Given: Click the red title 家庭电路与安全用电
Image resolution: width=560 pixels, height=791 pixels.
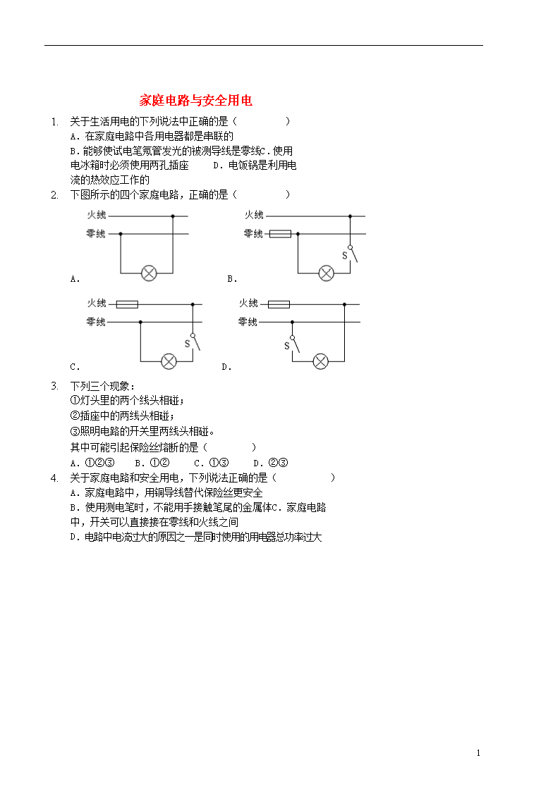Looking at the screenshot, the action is click(x=196, y=101).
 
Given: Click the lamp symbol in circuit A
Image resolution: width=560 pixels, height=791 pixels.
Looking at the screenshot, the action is click(x=149, y=273).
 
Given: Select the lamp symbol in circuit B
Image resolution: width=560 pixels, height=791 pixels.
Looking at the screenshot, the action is click(x=327, y=273).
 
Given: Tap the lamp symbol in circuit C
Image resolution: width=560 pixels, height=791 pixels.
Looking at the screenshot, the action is click(x=169, y=361).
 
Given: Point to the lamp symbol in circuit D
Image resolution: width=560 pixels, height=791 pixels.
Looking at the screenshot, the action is click(x=321, y=361).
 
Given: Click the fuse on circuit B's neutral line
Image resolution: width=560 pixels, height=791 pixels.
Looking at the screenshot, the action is click(x=280, y=234).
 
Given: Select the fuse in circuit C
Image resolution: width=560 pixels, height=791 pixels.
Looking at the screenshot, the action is click(x=127, y=304).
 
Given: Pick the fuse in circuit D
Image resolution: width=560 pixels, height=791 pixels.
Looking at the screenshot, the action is click(x=279, y=304).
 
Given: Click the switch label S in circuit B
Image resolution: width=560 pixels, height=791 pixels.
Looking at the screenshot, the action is click(x=345, y=256).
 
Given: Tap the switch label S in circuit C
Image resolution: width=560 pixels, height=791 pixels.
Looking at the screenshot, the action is click(x=188, y=344).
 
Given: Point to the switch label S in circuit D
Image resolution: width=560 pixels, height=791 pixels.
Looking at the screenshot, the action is click(x=287, y=346).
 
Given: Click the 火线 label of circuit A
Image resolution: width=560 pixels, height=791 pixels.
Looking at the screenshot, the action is click(x=97, y=215).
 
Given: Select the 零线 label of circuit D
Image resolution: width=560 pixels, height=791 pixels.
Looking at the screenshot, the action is click(x=248, y=322).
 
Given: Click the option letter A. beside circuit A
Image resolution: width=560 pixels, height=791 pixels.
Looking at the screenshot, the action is click(x=75, y=279).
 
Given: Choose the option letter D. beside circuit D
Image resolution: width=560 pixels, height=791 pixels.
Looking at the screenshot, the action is click(x=226, y=367).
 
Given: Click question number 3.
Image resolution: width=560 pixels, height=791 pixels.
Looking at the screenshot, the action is click(x=54, y=386).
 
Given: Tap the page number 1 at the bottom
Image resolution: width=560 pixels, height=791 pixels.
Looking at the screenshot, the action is click(x=478, y=753).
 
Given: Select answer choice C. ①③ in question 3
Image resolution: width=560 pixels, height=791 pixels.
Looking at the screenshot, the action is click(x=212, y=463).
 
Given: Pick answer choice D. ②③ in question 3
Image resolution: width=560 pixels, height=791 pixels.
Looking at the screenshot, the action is click(x=271, y=463).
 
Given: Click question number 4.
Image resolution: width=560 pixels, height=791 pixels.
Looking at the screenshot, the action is click(x=54, y=478).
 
